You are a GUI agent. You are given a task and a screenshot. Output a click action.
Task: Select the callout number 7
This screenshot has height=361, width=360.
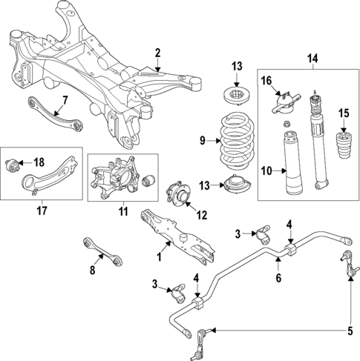[x=65, y=100]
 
